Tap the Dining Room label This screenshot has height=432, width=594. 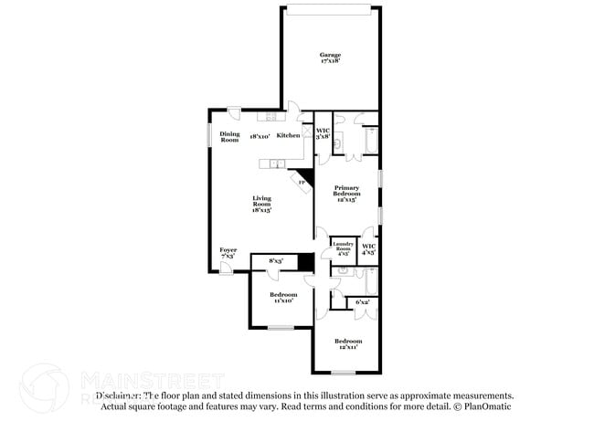[x=229, y=136]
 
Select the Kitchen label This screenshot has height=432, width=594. [x=288, y=136]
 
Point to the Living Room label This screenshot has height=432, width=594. [x=262, y=203]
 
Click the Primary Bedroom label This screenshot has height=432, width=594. [x=345, y=195]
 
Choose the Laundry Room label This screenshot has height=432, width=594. [x=343, y=248]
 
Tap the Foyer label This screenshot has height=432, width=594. [x=228, y=252]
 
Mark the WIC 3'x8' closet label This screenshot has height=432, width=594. [x=323, y=133]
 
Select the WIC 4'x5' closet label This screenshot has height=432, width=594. [x=368, y=248]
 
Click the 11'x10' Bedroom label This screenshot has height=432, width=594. [x=282, y=298]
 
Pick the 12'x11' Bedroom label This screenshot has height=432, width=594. [x=347, y=343]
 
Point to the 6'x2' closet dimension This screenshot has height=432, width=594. [x=362, y=301]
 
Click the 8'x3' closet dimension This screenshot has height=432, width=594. [x=275, y=261]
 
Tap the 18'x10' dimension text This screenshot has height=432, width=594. [x=260, y=136]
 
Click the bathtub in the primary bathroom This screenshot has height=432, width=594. [x=370, y=142]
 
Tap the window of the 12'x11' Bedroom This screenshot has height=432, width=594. [x=343, y=373]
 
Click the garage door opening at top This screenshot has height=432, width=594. [x=330, y=9]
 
